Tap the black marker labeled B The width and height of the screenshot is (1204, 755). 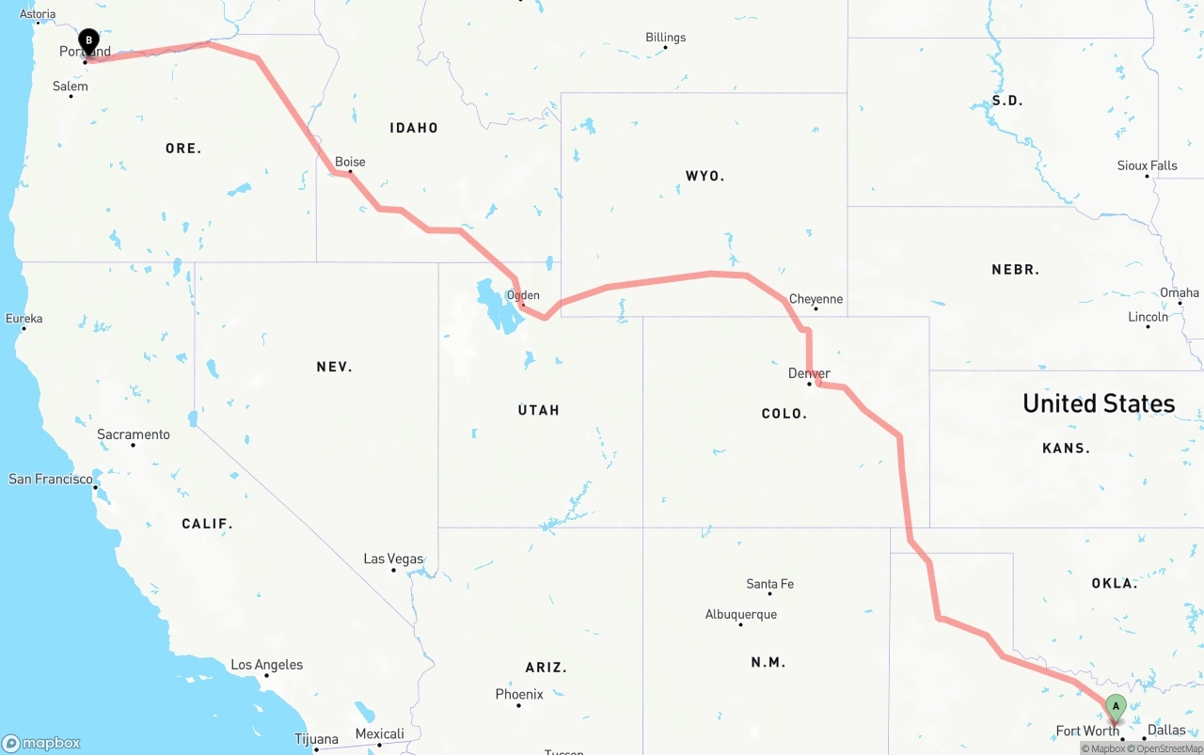[88, 41]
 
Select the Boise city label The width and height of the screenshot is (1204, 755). [350, 162]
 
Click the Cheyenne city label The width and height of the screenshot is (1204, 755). [816, 299]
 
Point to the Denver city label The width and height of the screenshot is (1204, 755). [809, 373]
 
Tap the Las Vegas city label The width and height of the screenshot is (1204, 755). [393, 558]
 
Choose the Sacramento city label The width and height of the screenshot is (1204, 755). [134, 434]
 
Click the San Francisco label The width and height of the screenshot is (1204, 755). [51, 479]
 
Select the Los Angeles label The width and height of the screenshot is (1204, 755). [267, 665]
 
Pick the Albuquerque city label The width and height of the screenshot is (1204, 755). [741, 614]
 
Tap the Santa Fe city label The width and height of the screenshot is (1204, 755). [769, 584]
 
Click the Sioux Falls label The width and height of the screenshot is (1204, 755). [1147, 165]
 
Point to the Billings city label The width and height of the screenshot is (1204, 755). [665, 38]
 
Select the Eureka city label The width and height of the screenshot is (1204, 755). [24, 319]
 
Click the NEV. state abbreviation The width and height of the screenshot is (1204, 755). [334, 367]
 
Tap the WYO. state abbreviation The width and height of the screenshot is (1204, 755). [705, 176]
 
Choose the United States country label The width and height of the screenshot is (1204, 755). [1099, 403]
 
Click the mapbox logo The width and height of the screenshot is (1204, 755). [41, 743]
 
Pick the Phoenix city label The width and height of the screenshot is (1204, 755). [519, 694]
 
